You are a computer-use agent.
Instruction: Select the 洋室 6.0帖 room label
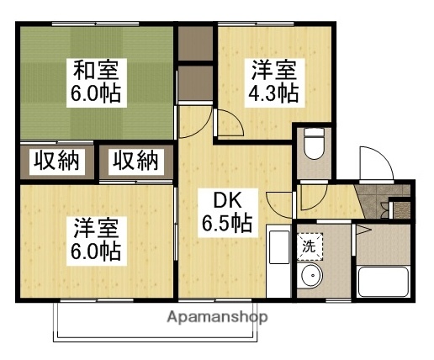(96, 239)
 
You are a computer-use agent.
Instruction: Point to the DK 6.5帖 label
(225, 211)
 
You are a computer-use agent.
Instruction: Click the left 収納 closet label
(56, 161)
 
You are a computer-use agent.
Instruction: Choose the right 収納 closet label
(135, 161)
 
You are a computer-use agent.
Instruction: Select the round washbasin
(310, 277)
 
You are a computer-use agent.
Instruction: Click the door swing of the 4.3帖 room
(230, 127)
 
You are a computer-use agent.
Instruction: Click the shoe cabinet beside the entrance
(403, 203)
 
